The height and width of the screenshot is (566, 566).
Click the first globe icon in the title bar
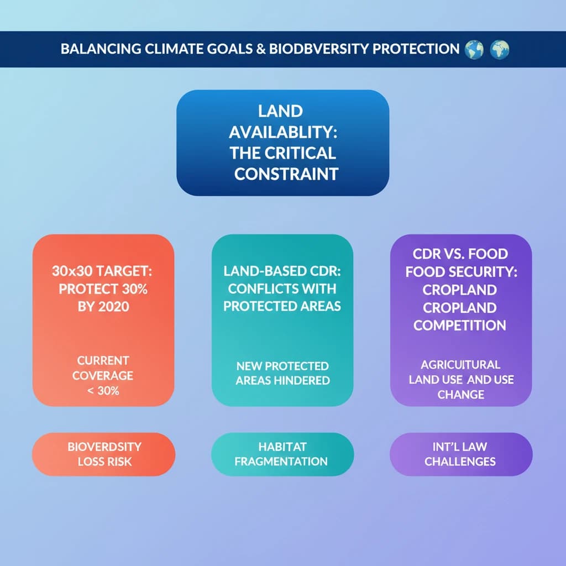pos(474,49)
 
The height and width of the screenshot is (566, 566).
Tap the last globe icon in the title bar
pos(499,49)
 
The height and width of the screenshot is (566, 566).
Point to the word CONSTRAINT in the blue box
pos(286,174)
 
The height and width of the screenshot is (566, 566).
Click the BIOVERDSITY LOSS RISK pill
pos(104,454)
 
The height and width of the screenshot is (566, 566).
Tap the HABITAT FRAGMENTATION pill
pos(282,454)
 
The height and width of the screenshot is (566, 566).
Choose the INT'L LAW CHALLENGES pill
pos(460,454)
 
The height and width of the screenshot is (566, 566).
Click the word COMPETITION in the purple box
pos(460,325)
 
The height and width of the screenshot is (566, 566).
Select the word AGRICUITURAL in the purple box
pos(460,365)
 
